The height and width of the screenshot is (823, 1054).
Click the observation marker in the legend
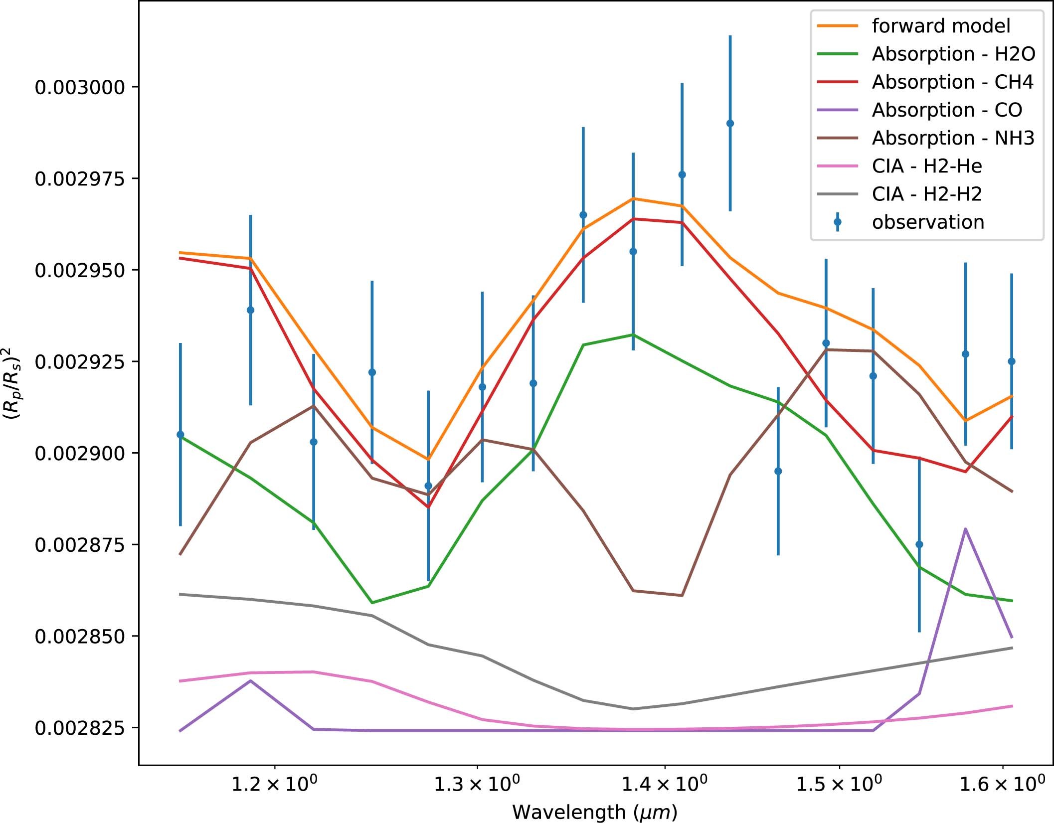coord(838,222)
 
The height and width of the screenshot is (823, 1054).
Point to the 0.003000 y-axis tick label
coord(80,87)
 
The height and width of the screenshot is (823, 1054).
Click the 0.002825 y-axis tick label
coord(80,728)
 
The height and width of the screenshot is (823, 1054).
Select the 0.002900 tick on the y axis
coord(80,453)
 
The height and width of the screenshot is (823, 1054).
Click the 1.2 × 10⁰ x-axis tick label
coord(274,785)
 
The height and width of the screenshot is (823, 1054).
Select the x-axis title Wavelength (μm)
coord(595,812)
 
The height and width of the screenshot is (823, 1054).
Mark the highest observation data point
coord(730,124)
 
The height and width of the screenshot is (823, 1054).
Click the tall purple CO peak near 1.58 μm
coord(965,529)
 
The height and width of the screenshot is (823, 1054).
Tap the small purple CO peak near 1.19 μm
coord(250,681)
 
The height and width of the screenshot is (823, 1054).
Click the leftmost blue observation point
coord(180,435)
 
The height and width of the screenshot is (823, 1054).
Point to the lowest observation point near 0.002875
coord(919,544)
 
